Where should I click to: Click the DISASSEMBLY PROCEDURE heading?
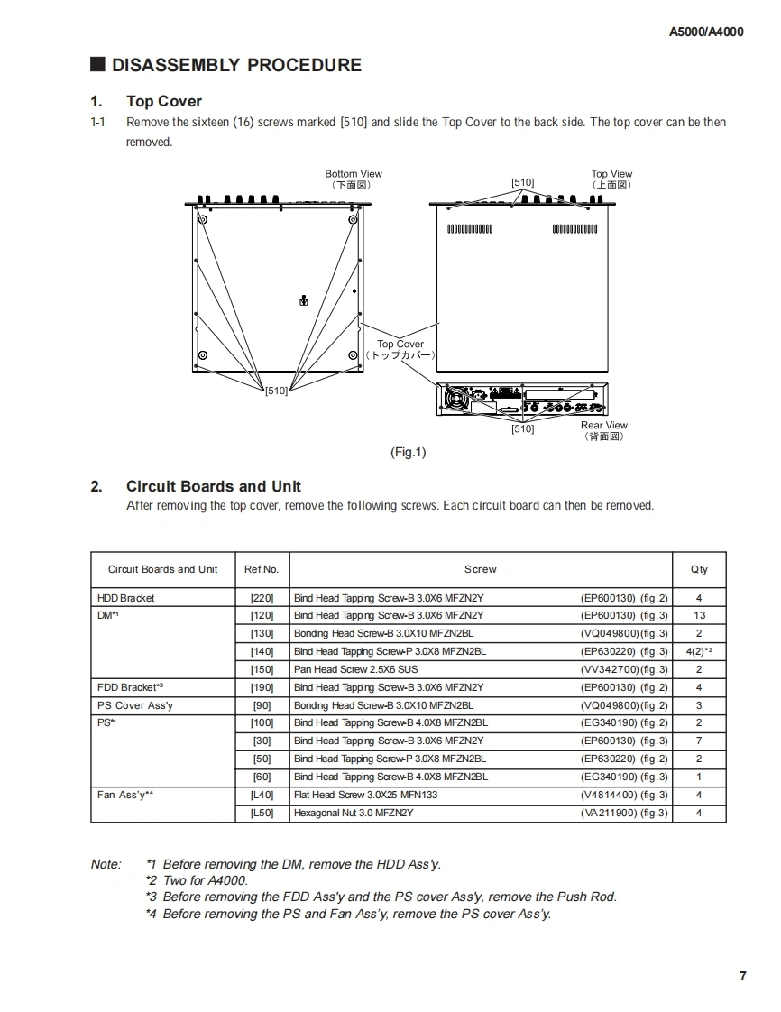click(235, 65)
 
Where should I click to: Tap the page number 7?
click(742, 976)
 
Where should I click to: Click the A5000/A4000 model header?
click(706, 32)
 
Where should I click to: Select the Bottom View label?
click(354, 174)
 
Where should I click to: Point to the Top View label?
click(611, 174)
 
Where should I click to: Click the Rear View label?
click(603, 426)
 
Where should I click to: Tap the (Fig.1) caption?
click(408, 453)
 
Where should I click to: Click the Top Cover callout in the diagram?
click(400, 344)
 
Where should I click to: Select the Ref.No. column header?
click(262, 569)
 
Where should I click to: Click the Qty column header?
click(699, 569)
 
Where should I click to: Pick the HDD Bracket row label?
click(125, 598)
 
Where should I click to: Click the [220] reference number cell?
click(262, 598)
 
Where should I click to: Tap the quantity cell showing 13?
click(699, 615)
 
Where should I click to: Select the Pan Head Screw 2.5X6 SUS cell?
click(355, 669)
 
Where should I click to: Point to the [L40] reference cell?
click(262, 795)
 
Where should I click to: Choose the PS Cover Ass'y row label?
click(134, 705)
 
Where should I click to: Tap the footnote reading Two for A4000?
click(197, 880)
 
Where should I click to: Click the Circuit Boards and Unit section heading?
click(214, 486)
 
